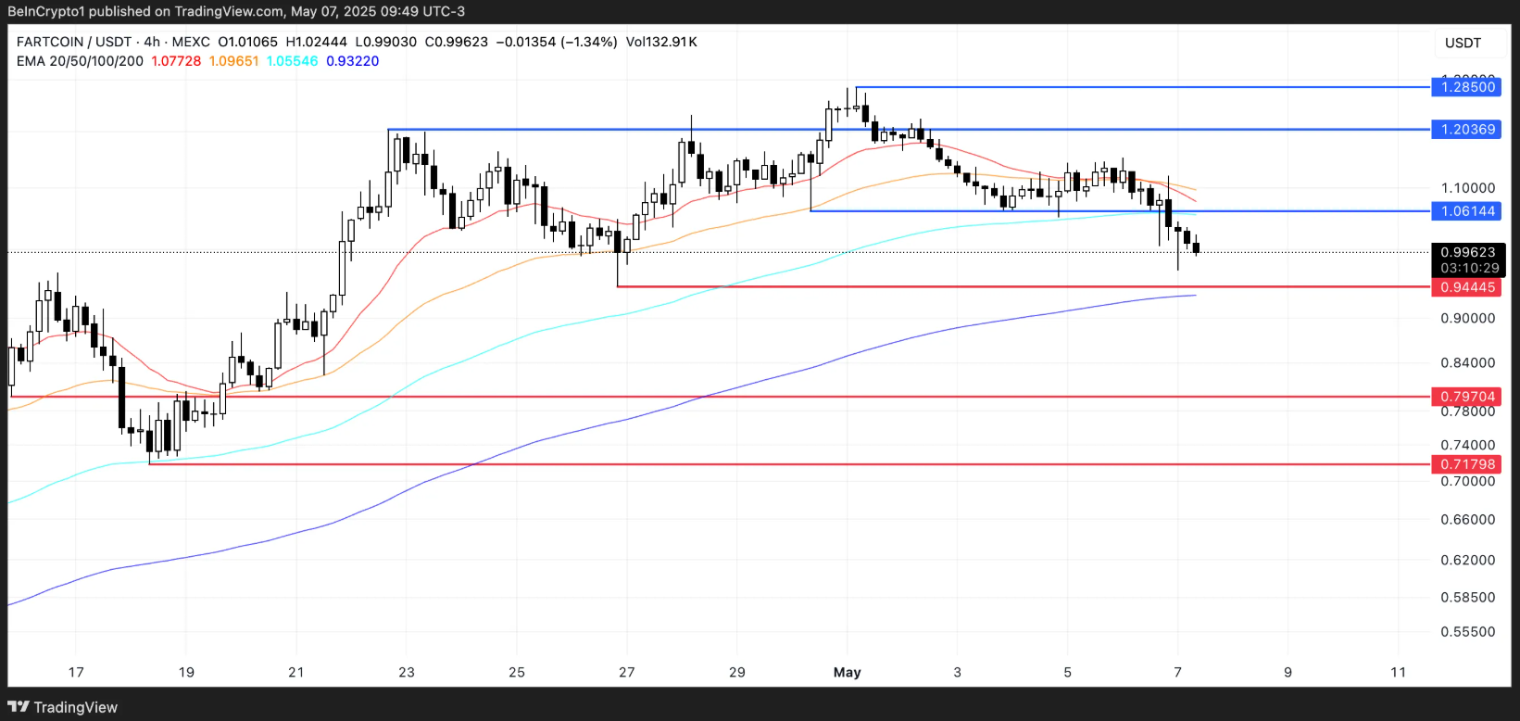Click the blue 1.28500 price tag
1467,87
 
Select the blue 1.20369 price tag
1467,130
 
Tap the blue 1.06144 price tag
1467,211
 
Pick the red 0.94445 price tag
1467,287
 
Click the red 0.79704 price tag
1467,397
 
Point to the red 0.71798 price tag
1467,464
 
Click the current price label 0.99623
1467,252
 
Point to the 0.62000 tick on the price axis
1467,560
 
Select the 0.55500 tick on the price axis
1467,632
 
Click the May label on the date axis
847,672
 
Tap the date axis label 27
627,672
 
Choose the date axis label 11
1398,672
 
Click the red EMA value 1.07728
176,61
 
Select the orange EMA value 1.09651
233,61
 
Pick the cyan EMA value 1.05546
292,61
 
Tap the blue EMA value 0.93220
352,61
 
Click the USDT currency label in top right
1463,43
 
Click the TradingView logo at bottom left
63,707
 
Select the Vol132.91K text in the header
661,42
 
